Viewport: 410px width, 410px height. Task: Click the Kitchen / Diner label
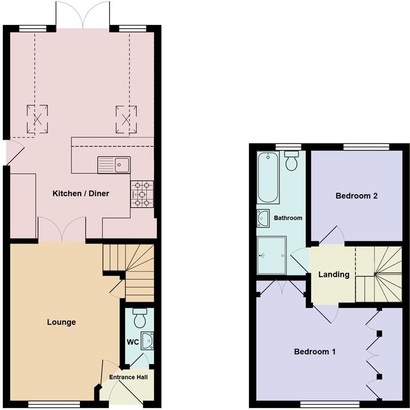coord(81,194)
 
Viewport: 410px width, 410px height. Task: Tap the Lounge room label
coord(62,322)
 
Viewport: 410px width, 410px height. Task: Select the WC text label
coord(132,342)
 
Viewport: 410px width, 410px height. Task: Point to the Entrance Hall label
coord(128,377)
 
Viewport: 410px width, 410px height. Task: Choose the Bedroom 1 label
coord(315,352)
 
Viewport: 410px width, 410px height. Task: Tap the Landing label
coord(334,275)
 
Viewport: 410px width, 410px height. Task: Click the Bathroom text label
coord(288,218)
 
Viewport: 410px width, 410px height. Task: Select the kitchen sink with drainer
coord(114,165)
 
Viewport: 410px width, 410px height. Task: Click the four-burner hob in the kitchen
coord(142,194)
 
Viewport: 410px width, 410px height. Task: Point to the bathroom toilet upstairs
coord(292,161)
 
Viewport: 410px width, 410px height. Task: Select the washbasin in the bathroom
coord(263,219)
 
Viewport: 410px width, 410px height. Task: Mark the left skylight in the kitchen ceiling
coord(37,119)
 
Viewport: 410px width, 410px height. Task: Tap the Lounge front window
coord(54,403)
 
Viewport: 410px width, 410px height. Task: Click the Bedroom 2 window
coord(366,147)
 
